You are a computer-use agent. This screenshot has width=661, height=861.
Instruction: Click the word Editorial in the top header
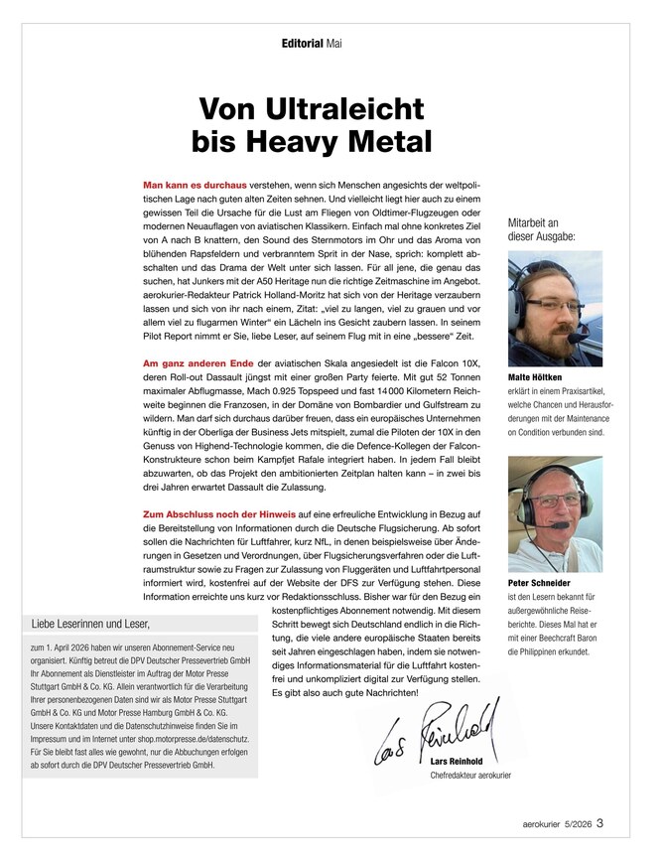[x=303, y=44]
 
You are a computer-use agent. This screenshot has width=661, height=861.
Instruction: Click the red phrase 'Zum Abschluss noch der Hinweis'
[x=219, y=513]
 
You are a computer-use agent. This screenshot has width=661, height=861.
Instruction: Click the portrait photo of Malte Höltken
[x=548, y=310]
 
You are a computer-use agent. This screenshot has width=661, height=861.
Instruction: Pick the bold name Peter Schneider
[x=540, y=584]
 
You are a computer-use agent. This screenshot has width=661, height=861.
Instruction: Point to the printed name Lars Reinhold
[x=462, y=762]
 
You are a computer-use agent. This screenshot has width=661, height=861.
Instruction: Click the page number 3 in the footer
[x=600, y=821]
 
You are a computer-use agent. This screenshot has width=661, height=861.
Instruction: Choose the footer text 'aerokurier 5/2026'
[x=557, y=822]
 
